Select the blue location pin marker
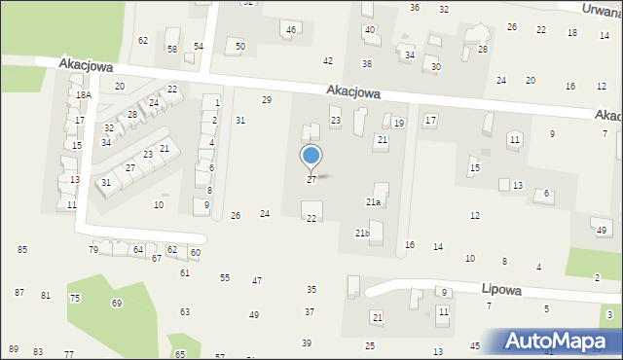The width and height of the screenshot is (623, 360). (x=311, y=157)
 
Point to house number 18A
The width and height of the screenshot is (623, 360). (x=85, y=94)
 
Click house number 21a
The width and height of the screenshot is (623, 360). (x=373, y=201)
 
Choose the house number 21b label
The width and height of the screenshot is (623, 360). (x=361, y=234)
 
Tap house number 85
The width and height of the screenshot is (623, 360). (x=21, y=250)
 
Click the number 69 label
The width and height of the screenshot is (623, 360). (x=117, y=304)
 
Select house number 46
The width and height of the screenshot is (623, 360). (x=291, y=30)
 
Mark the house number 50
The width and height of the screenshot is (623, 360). (x=239, y=46)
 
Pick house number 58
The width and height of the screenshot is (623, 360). (x=172, y=49)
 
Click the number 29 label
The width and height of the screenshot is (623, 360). (x=267, y=99)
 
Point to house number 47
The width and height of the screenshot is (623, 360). (x=257, y=280)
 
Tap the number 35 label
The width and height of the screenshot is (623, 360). (x=311, y=289)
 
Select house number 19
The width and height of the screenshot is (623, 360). (x=399, y=123)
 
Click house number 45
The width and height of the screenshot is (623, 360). (x=475, y=345)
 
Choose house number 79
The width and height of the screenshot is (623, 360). (x=93, y=250)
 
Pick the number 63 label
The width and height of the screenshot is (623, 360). (x=185, y=312)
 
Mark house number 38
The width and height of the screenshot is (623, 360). (x=367, y=63)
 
